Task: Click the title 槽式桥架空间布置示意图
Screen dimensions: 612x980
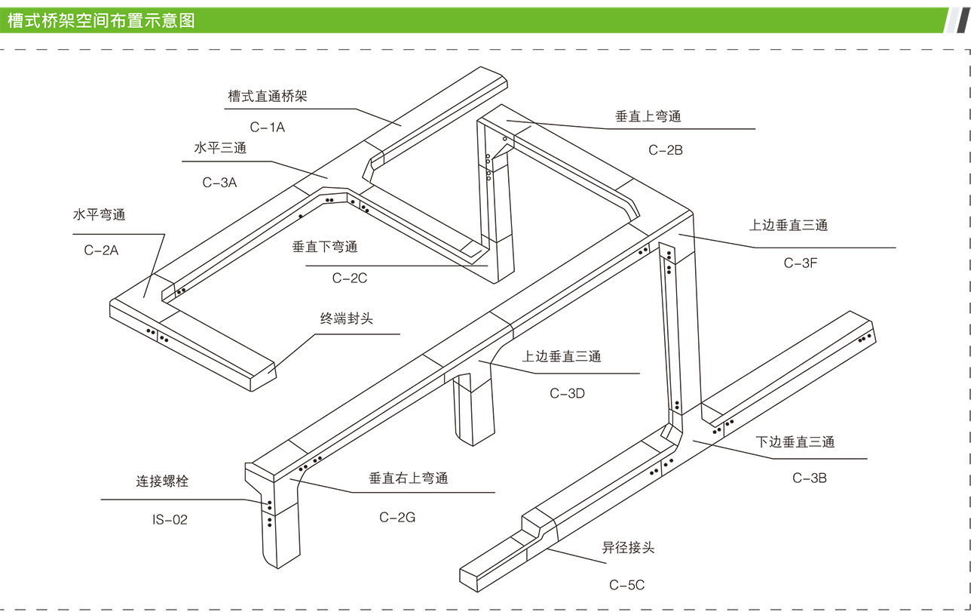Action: tap(101, 20)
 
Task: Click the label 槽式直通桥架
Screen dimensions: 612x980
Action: tap(268, 97)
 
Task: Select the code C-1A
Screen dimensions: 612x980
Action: tap(268, 128)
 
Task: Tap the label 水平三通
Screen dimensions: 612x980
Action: tap(220, 149)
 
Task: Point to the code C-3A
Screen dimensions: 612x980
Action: tap(219, 182)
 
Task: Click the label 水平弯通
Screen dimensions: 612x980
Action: tap(99, 215)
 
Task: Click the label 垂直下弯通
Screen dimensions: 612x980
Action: tap(325, 247)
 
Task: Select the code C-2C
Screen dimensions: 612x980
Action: tap(350, 278)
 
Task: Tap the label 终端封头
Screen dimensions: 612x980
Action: tap(347, 318)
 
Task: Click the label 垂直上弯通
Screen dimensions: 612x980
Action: tap(648, 116)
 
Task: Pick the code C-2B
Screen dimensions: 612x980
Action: tap(666, 149)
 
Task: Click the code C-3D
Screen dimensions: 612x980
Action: tap(567, 393)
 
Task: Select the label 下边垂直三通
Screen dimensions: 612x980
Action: tap(795, 442)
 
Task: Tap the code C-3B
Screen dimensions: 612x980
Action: tap(810, 478)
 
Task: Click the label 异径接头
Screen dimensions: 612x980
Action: tap(628, 548)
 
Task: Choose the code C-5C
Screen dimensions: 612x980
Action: tap(627, 585)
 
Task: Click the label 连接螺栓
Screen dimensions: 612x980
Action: tap(162, 481)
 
